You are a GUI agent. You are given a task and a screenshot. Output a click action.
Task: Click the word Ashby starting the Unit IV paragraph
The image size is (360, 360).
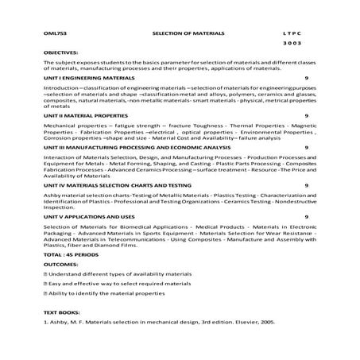point(52,195)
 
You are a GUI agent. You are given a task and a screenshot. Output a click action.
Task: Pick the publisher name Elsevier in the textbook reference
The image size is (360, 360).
point(236,323)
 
